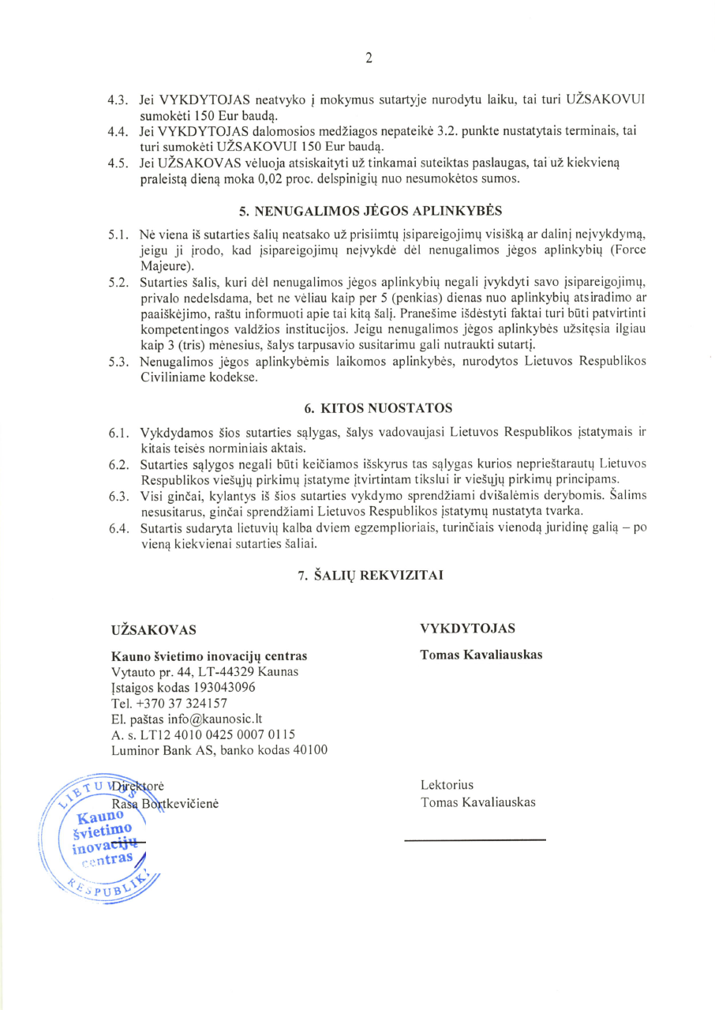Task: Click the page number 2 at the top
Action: click(369, 57)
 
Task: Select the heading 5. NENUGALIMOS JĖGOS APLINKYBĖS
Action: click(370, 211)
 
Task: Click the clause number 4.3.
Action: click(118, 101)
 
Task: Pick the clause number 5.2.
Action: click(118, 282)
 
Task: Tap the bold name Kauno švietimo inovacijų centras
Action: click(210, 656)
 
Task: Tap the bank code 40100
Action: click(309, 749)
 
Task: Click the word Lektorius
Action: click(447, 786)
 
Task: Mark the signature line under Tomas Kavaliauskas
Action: click(475, 839)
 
